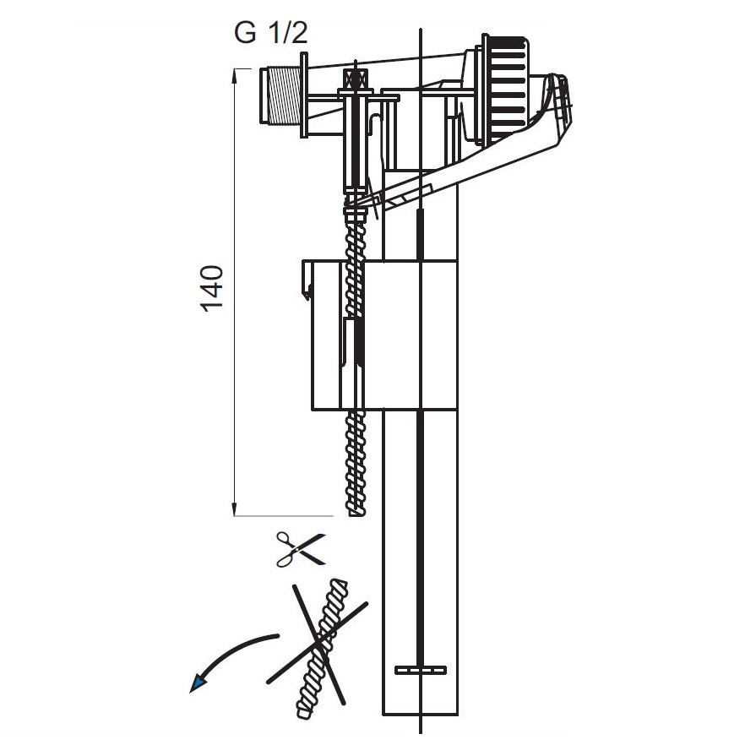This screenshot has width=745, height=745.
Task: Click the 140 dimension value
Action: pos(212,288)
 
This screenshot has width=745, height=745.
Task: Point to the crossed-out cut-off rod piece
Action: pos(321,646)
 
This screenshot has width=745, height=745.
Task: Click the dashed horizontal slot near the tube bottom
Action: pos(420,670)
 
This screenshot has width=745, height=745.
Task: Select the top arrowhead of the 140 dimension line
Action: pos(234,73)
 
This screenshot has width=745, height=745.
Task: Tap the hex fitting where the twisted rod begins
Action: pos(354,205)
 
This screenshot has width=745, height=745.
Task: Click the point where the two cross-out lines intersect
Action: pos(318,644)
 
